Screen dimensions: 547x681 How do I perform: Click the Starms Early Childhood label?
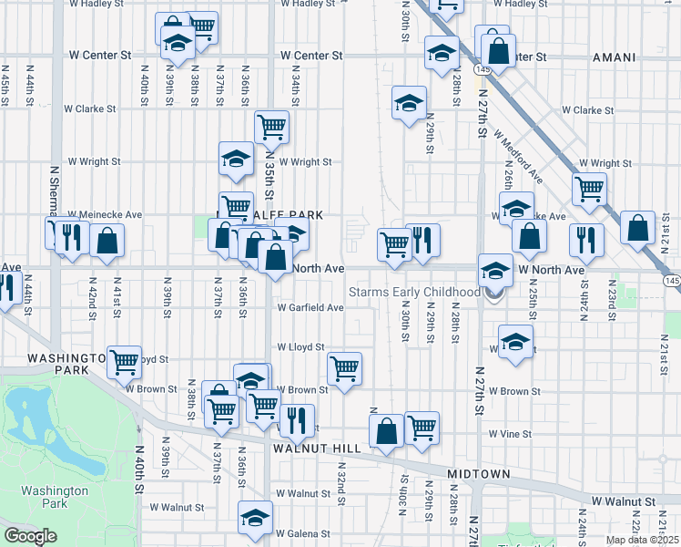pyautogui.click(x=415, y=292)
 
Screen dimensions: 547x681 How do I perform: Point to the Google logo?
pyautogui.click(x=31, y=535)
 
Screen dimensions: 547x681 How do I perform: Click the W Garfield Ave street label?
pyautogui.click(x=310, y=307)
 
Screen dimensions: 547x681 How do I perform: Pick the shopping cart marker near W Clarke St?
pyautogui.click(x=271, y=128)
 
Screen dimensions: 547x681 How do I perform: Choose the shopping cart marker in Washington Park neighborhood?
pyautogui.click(x=124, y=361)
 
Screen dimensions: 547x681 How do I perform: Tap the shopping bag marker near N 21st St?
pyautogui.click(x=639, y=227)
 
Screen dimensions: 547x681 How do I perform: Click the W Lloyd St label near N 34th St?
pyautogui.click(x=300, y=347)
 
